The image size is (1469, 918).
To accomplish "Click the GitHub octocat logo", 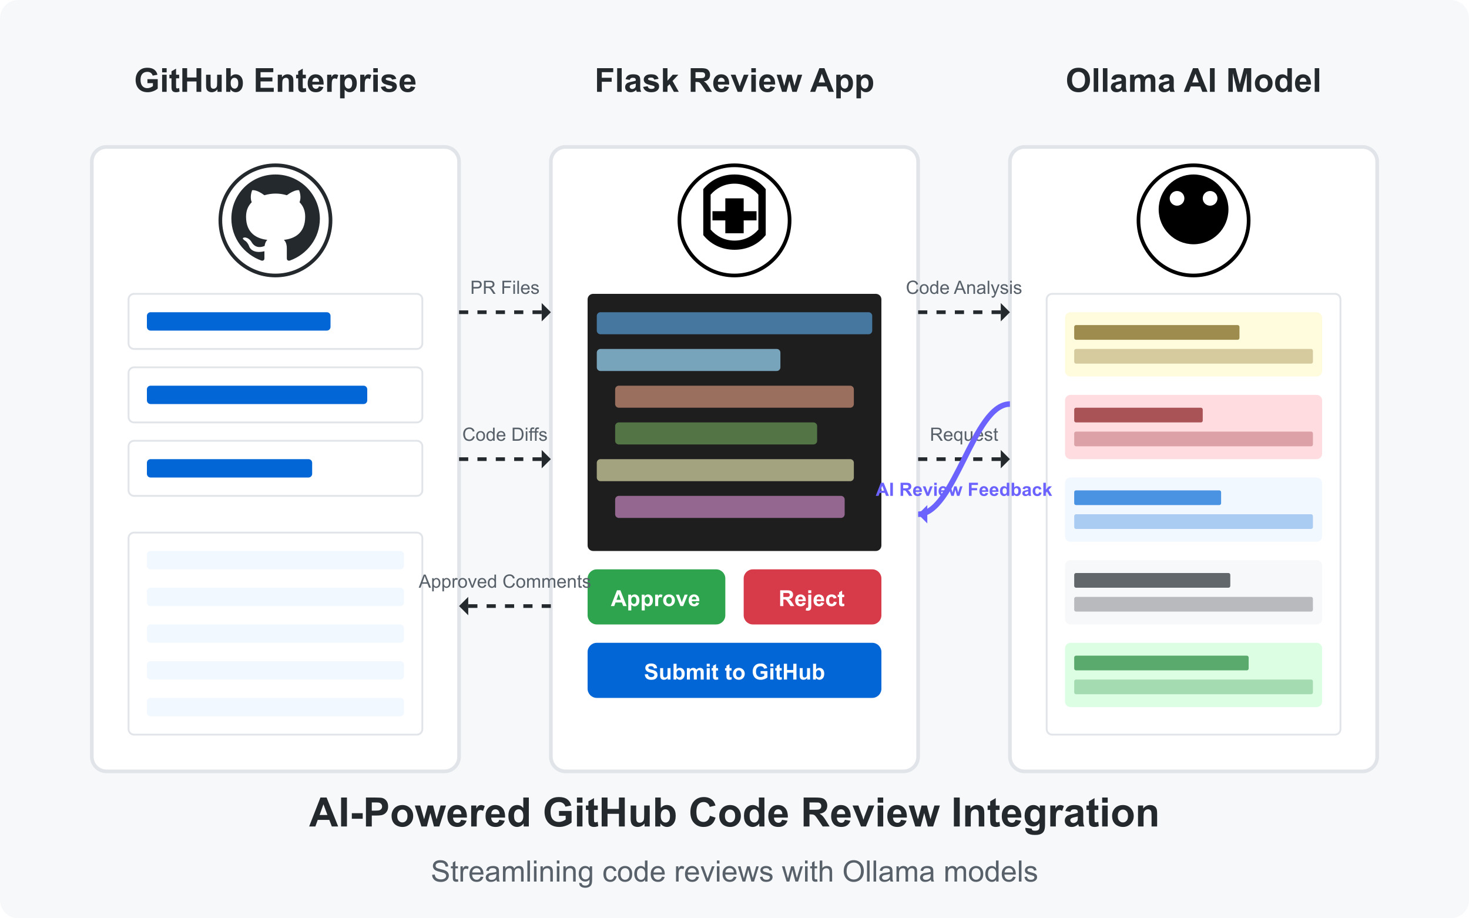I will pos(275,220).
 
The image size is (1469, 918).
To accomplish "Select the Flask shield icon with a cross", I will pos(734,220).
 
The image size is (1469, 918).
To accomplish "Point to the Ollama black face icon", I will pos(1193,220).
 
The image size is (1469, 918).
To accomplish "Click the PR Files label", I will pos(504,288).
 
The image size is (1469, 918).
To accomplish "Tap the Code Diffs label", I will pos(504,435).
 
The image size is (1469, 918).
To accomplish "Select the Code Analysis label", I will pos(963,288).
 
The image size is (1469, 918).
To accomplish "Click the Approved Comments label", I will pos(504,582).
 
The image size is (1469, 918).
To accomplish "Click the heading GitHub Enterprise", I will pos(275,81).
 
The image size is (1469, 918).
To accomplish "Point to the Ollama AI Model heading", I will pos(1193,81).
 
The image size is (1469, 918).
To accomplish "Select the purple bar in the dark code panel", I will pos(729,507).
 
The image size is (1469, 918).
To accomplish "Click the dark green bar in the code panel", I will pos(715,434).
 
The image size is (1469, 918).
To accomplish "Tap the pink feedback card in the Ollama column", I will pos(1193,427).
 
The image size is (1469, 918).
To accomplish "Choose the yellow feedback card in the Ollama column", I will pos(1193,344).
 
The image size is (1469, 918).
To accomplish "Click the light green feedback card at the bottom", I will pos(1193,675).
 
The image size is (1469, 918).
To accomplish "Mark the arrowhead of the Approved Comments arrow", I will pos(464,606).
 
